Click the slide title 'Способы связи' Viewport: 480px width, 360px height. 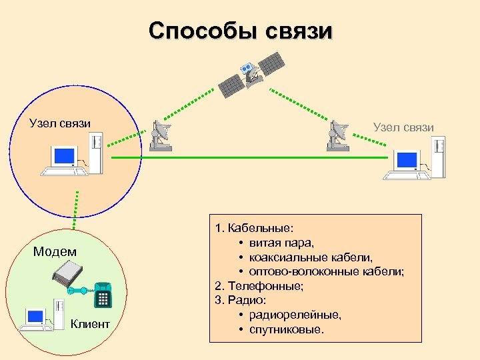[x=239, y=31]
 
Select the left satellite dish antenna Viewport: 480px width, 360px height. [x=160, y=136]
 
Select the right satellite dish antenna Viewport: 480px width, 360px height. [x=338, y=136]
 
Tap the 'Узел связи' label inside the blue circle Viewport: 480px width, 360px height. [x=60, y=123]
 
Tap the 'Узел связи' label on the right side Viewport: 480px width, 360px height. [x=403, y=127]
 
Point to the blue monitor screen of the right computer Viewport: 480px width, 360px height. [x=406, y=161]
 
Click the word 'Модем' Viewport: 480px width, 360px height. [x=55, y=251]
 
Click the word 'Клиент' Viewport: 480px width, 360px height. [x=90, y=324]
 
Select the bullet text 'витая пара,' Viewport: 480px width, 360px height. [x=281, y=242]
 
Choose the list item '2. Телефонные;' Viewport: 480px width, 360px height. [x=259, y=285]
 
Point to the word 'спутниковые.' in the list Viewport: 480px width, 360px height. [x=285, y=329]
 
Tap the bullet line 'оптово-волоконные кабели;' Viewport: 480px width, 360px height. [x=326, y=271]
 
